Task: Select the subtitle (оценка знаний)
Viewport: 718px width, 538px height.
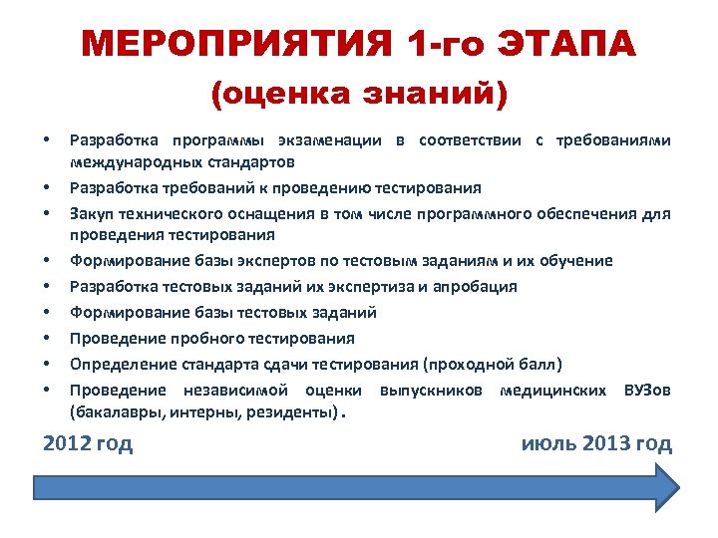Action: [359, 95]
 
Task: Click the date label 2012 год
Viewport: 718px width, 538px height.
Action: [88, 443]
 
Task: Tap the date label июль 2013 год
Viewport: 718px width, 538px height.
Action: [596, 443]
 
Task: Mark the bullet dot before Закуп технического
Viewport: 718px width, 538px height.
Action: [48, 213]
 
